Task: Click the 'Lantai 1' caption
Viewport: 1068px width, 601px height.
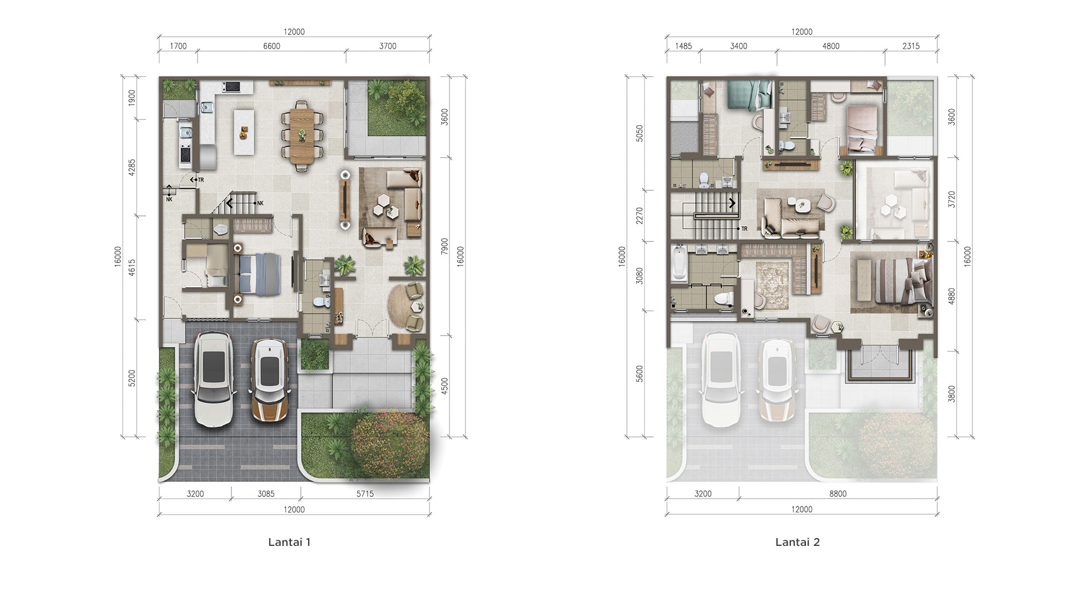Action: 289,542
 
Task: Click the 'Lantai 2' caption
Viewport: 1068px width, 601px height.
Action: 798,542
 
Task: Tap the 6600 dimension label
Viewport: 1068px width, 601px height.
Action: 272,46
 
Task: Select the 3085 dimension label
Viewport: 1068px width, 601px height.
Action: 266,494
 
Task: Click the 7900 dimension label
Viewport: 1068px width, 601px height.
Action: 444,247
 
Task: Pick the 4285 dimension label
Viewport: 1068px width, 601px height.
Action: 132,168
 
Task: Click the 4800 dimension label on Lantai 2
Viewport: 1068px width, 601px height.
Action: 831,46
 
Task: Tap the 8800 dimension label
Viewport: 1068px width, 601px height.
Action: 838,494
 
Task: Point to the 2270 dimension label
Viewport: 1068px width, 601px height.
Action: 640,215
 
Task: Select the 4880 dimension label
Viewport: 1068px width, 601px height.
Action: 952,295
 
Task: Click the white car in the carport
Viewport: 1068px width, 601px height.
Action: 213,379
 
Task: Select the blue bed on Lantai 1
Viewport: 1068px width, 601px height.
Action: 258,273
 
